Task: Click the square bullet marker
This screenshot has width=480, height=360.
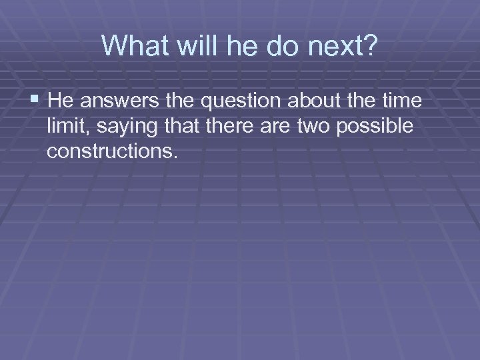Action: pos(35,101)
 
